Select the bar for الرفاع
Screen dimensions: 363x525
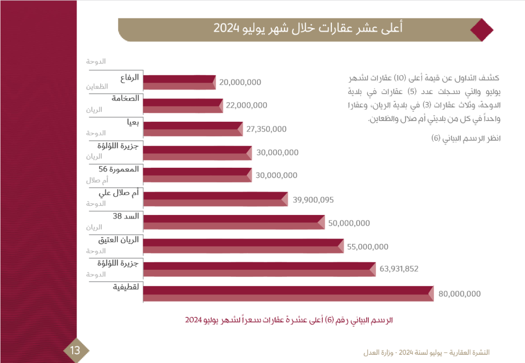[x=179, y=82]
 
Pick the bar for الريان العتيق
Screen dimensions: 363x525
[x=243, y=246]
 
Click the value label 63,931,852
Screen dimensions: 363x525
[x=399, y=269]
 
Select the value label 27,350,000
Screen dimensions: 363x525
[x=266, y=129]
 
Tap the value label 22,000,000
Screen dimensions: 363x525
[x=247, y=106]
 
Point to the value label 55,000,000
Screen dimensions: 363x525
[x=367, y=247]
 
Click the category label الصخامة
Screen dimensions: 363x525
[x=126, y=99]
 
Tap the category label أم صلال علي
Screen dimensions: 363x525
[x=120, y=193]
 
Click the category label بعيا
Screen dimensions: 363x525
[x=133, y=122]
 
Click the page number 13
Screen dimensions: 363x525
[x=75, y=350]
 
